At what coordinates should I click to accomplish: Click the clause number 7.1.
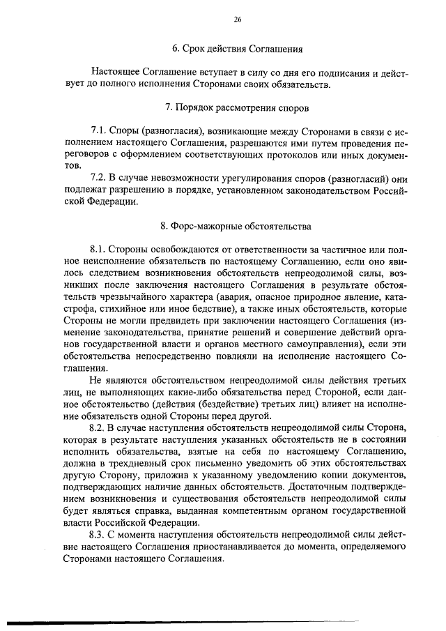(x=100, y=131)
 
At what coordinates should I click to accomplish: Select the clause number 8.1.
(x=100, y=250)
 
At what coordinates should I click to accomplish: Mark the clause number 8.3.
(x=100, y=533)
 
